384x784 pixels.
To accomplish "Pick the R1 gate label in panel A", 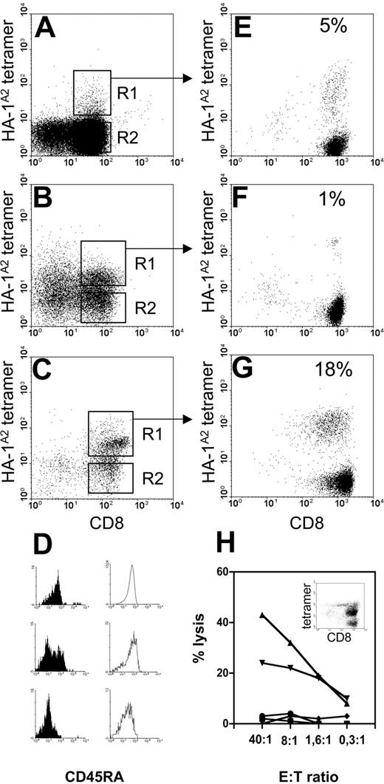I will pos(126,92).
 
